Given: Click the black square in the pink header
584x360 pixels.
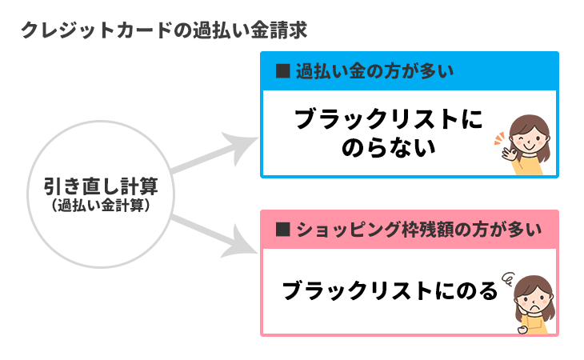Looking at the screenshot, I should pyautogui.click(x=282, y=230).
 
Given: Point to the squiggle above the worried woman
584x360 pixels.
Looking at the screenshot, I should pyautogui.click(x=506, y=278).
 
